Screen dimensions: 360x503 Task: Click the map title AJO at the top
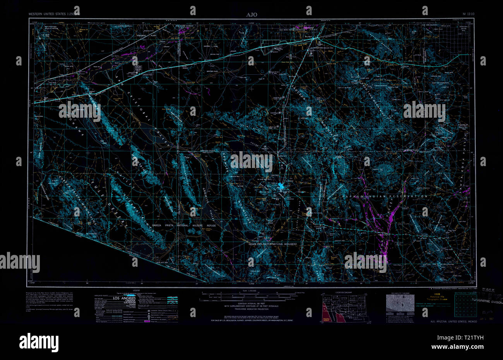click(251, 14)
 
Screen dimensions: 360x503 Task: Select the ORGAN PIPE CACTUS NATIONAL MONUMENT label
click(272, 245)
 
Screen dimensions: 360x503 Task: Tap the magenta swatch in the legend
click(147, 321)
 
